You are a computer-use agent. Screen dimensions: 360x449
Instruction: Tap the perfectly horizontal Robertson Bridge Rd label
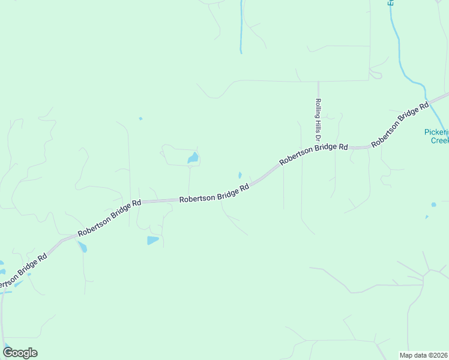[214, 193]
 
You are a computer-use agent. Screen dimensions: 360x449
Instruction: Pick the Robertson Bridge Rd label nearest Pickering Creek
[400, 124]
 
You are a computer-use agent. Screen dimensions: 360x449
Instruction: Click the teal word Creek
[439, 140]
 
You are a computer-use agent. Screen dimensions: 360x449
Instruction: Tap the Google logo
[20, 352]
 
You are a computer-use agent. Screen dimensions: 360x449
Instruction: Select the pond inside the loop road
[193, 158]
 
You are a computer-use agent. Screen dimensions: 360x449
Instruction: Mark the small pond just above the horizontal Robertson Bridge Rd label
[240, 175]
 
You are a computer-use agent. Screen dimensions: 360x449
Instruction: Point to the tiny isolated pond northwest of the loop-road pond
[140, 118]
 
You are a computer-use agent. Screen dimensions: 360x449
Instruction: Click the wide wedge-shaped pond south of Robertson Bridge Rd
[152, 241]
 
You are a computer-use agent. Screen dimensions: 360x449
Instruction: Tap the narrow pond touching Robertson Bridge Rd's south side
[82, 246]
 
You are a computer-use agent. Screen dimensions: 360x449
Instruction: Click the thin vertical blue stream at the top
[241, 27]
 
